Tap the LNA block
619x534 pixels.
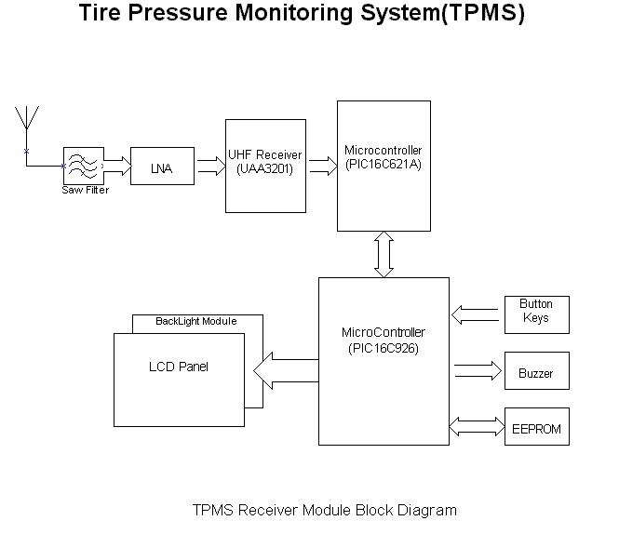click(162, 168)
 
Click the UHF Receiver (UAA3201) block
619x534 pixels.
click(265, 166)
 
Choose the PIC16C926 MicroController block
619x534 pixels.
click(384, 361)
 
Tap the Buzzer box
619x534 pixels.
click(536, 372)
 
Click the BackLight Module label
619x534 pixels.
click(195, 322)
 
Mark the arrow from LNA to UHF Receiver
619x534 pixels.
click(210, 167)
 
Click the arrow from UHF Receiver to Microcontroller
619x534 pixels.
click(322, 167)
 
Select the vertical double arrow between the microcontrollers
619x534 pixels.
click(384, 254)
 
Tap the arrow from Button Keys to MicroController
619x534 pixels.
click(477, 316)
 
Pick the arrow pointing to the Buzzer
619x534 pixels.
click(477, 372)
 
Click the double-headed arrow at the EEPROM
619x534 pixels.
click(477, 427)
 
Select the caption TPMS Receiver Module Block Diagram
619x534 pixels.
click(325, 510)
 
